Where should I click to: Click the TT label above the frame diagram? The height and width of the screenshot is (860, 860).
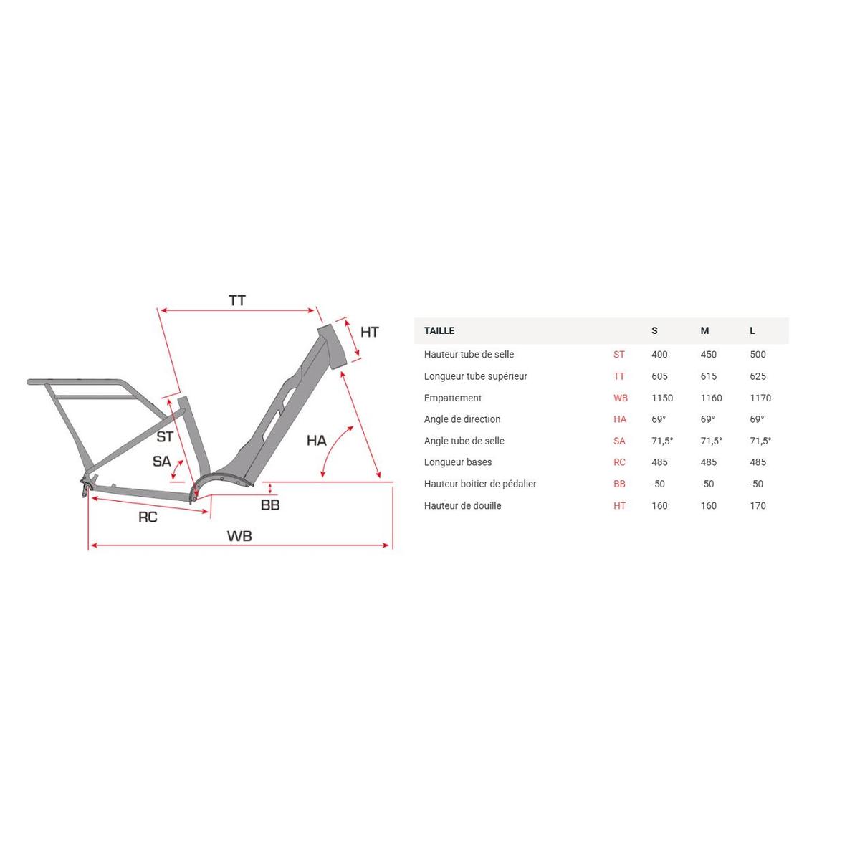click(237, 300)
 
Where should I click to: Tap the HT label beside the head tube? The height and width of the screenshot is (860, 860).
click(369, 332)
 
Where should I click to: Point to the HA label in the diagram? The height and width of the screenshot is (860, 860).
click(316, 441)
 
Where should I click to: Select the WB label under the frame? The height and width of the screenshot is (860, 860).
click(239, 536)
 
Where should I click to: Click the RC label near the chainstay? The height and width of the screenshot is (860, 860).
click(148, 517)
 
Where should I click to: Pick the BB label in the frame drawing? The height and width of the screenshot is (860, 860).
click(270, 505)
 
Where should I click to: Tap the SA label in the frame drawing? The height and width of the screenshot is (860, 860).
click(161, 461)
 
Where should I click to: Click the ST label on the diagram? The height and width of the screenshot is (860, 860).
click(165, 436)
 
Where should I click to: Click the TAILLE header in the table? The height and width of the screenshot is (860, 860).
click(439, 330)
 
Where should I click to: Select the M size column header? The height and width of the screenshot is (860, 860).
click(704, 330)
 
